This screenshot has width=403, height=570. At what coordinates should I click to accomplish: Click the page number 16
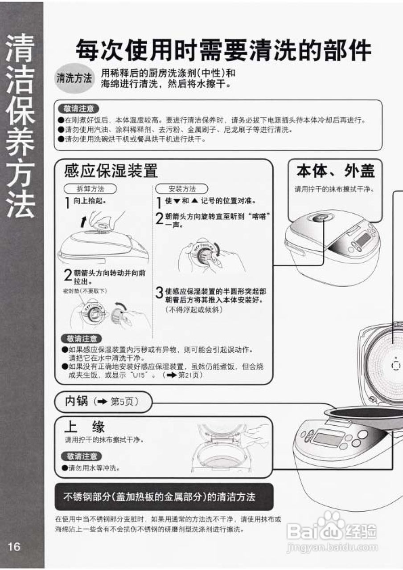(x=14, y=546)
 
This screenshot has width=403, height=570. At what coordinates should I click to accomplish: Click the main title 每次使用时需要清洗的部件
(x=223, y=50)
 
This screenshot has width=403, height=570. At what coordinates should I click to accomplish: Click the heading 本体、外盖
(x=335, y=171)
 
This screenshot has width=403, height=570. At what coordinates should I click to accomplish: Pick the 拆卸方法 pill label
(x=90, y=189)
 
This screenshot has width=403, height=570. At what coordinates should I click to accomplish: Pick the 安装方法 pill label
(x=182, y=189)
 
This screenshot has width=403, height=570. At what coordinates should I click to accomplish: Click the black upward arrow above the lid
(x=82, y=221)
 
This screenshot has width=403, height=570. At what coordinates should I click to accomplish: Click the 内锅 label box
(x=102, y=402)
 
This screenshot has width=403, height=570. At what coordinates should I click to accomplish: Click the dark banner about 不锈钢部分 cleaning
(x=164, y=497)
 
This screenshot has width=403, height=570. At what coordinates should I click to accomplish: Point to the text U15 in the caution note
(x=139, y=375)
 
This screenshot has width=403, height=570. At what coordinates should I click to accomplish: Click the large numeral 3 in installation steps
(x=159, y=293)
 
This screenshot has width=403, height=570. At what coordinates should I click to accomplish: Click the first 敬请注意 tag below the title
(x=78, y=109)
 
